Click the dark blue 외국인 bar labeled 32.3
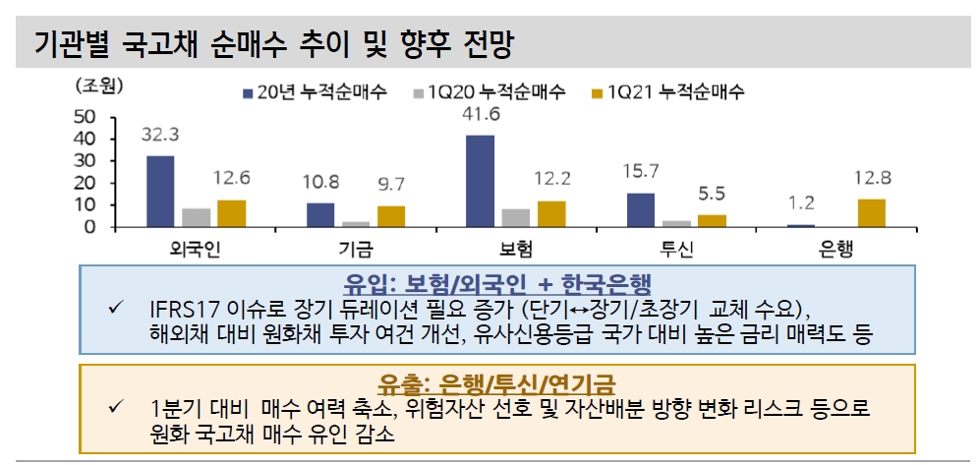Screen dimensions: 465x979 (160, 191)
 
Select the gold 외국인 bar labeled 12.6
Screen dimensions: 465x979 (231, 213)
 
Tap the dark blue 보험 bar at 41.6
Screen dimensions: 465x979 (480, 181)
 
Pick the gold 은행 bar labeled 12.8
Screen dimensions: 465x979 (871, 212)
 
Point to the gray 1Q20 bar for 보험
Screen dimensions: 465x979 (515, 218)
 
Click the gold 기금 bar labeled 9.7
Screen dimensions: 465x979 (390, 216)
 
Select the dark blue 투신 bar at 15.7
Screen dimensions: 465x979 (640, 209)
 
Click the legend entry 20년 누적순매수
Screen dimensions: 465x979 (314, 92)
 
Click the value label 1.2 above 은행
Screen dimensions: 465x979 (801, 203)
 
